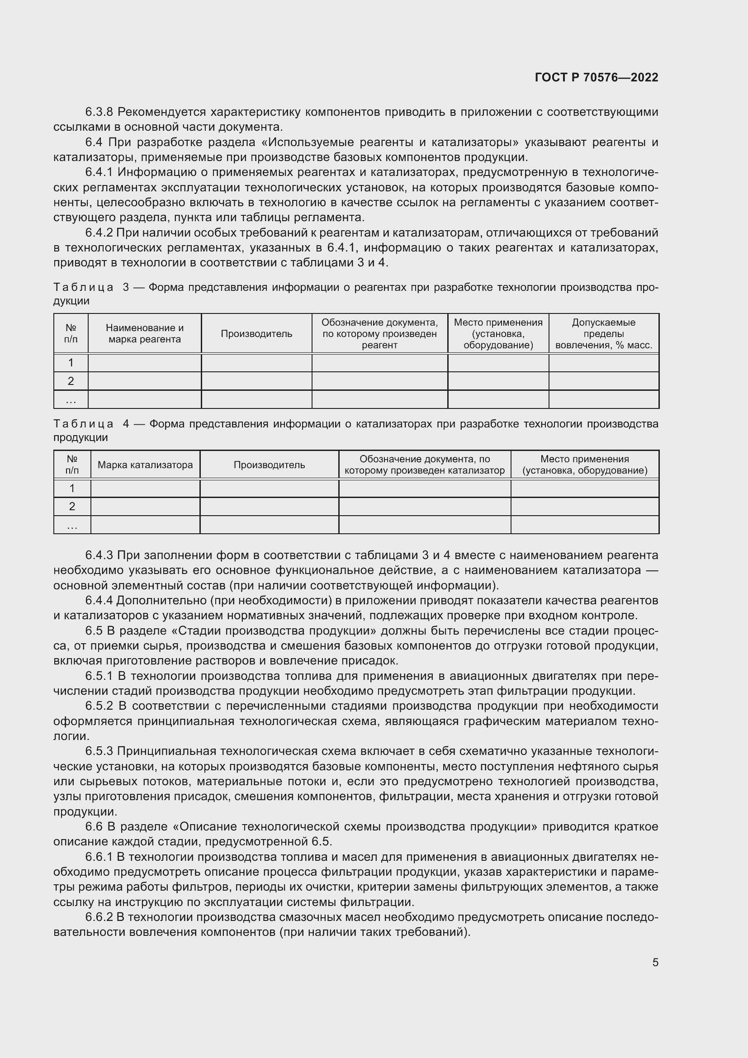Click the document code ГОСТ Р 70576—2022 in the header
[x=597, y=77]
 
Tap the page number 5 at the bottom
[x=655, y=962]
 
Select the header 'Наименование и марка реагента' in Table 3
[x=145, y=334]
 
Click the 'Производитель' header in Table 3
[x=256, y=334]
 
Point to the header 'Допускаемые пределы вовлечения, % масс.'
[x=603, y=334]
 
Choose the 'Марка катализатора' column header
[x=145, y=465]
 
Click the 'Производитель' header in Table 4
[x=269, y=465]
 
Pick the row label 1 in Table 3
[x=71, y=363]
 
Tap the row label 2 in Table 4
[x=72, y=507]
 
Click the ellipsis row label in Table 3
[x=71, y=400]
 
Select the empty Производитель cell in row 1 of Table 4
[x=269, y=489]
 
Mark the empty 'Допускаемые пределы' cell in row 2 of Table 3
[x=603, y=381]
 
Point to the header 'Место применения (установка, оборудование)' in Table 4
[x=584, y=465]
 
